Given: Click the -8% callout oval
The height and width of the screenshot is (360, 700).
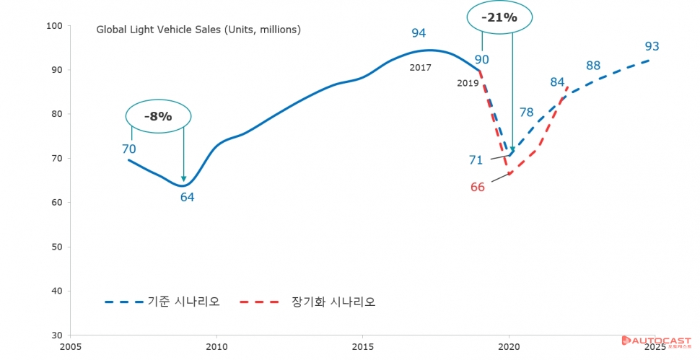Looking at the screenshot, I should click(x=158, y=116).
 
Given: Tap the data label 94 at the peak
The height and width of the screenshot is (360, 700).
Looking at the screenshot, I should click(x=419, y=32).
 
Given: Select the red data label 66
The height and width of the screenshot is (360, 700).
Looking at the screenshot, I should click(x=477, y=187).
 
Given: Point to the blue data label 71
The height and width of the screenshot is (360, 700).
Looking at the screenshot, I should click(x=476, y=159).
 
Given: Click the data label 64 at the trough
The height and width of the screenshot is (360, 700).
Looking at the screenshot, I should click(x=188, y=197).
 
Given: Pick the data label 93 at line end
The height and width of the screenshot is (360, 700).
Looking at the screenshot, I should click(x=652, y=47).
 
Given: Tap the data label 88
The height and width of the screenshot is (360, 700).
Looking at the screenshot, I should click(x=593, y=66).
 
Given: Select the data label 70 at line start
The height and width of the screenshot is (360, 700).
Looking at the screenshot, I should click(x=129, y=149).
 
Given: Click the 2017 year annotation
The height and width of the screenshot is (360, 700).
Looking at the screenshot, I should click(x=420, y=67).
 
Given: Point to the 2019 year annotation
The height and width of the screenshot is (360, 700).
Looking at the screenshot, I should click(x=468, y=83).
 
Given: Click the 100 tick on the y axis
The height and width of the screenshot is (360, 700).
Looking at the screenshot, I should click(x=56, y=26).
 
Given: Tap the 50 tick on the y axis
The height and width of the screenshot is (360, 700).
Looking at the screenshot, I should click(x=58, y=247).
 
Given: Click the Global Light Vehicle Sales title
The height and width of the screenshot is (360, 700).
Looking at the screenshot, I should click(x=198, y=30).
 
